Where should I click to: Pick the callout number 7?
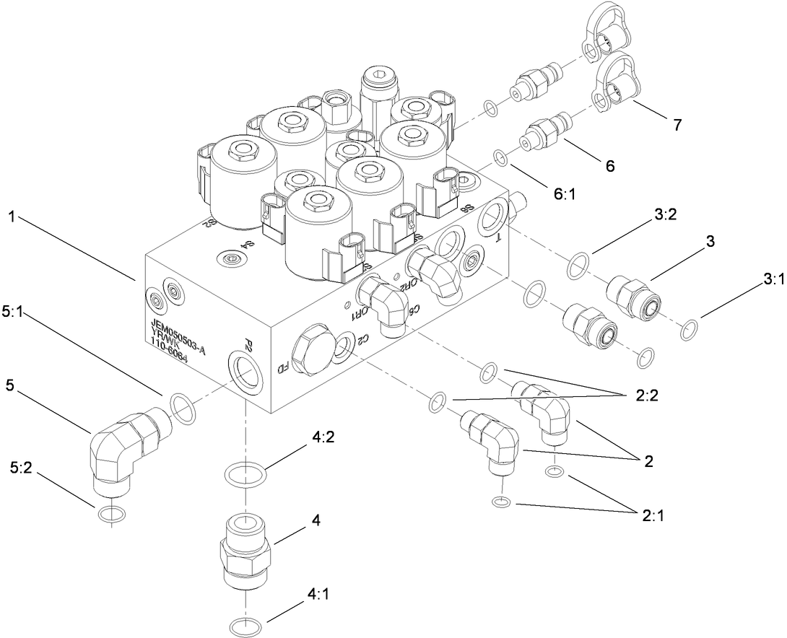(677, 125)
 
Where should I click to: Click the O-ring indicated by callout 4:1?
(245, 624)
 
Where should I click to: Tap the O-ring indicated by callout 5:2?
(110, 514)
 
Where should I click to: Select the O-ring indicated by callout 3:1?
(690, 331)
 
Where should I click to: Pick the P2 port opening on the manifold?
(242, 370)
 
